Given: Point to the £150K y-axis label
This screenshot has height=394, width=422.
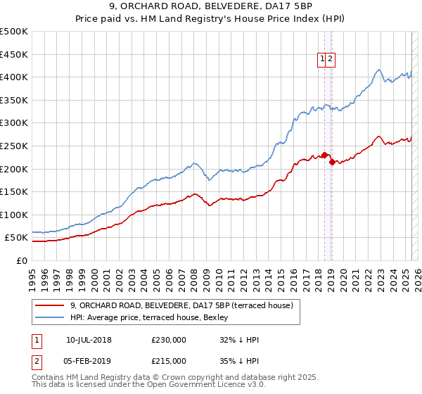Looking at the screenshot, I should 13,191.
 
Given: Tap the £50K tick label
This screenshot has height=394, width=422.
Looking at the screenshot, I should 16,238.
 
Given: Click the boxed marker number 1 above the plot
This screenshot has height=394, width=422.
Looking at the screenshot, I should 321,60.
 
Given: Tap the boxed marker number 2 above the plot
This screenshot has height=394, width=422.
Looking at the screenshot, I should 330,60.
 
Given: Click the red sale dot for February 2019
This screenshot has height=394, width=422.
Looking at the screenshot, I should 331,162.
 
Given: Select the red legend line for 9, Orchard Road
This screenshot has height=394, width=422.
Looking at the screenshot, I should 50,305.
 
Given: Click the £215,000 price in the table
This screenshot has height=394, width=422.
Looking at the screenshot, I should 169,360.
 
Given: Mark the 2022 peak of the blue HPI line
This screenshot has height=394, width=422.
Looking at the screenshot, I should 378,70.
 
